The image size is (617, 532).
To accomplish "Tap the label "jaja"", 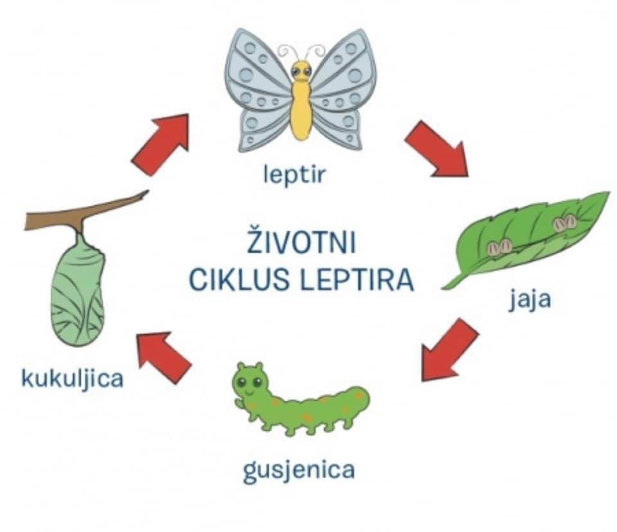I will coord(530,301).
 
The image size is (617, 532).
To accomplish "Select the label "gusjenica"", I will coord(299,471).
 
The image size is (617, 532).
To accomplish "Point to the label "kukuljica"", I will coord(72,378).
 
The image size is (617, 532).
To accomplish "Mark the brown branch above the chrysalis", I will coord(84,213).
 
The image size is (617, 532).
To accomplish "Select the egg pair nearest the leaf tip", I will coord(566,222).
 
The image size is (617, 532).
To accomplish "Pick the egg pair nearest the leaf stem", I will coord(501,246).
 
